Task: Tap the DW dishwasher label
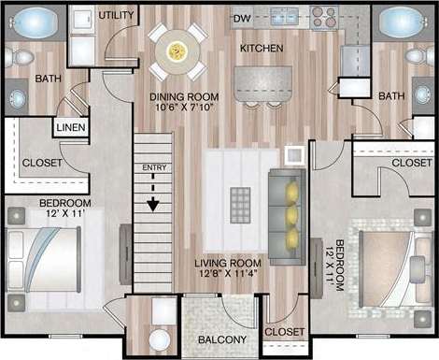tap(242, 18)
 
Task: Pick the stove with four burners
tap(323, 15)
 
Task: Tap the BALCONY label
tap(221, 339)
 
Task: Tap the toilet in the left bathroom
tap(12, 59)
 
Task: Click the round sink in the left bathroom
tap(16, 95)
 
